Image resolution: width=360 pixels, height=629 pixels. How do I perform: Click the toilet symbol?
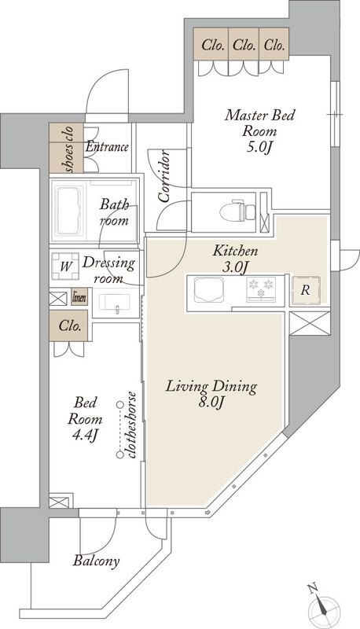click(x=237, y=210)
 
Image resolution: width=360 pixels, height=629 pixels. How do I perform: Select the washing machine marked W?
click(x=65, y=266)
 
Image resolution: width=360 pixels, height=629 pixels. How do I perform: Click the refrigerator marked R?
click(x=306, y=290)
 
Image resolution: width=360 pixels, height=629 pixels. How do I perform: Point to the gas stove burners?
click(x=261, y=289)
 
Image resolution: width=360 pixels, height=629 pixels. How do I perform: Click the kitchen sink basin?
click(x=209, y=289)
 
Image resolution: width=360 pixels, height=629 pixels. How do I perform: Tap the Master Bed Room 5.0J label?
click(x=259, y=131)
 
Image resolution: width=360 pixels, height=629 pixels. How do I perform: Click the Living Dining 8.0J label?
click(x=211, y=395)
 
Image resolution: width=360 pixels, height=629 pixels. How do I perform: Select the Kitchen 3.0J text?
click(x=235, y=259)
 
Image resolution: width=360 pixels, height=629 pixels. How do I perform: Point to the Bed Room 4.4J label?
click(x=85, y=419)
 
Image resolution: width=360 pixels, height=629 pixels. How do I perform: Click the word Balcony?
click(x=96, y=561)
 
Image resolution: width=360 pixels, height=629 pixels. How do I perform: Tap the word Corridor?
click(x=164, y=176)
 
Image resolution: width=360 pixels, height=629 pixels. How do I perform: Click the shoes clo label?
click(x=67, y=149)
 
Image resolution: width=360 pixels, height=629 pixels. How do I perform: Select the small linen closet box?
click(x=79, y=298)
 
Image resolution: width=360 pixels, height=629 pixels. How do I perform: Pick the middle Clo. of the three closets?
click(x=244, y=45)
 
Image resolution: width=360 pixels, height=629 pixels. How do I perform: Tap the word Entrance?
click(x=107, y=147)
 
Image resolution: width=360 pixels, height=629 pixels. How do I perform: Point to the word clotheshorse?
click(x=132, y=425)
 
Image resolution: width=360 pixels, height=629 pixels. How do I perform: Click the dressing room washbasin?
click(x=115, y=303)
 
